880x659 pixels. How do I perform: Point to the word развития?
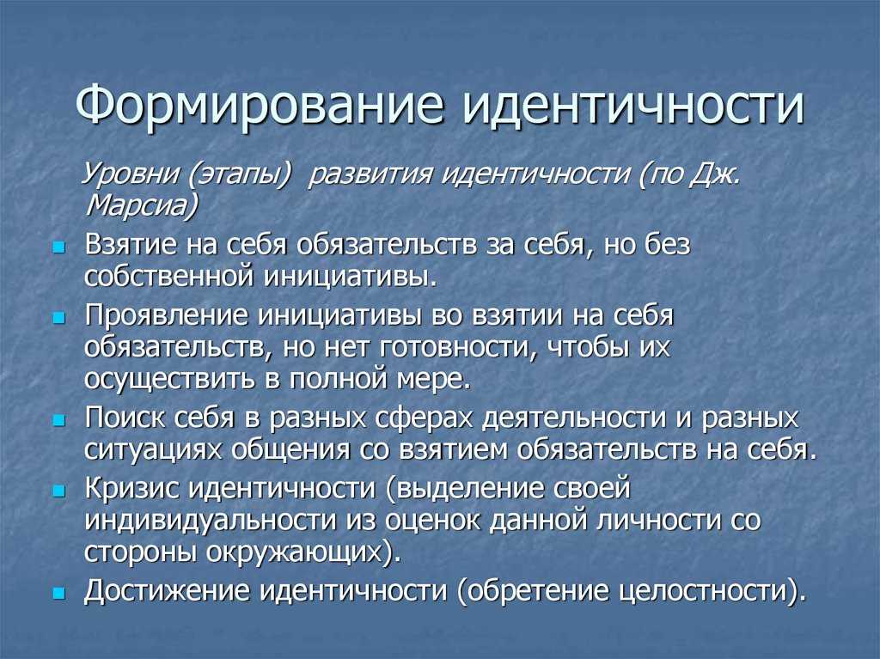(x=370, y=175)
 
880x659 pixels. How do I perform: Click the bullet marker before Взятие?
(x=59, y=247)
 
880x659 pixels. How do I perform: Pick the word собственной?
(x=168, y=277)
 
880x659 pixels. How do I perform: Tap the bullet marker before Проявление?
(x=59, y=318)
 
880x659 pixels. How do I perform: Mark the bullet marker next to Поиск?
(x=59, y=420)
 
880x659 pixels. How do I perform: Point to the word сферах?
(x=424, y=418)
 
